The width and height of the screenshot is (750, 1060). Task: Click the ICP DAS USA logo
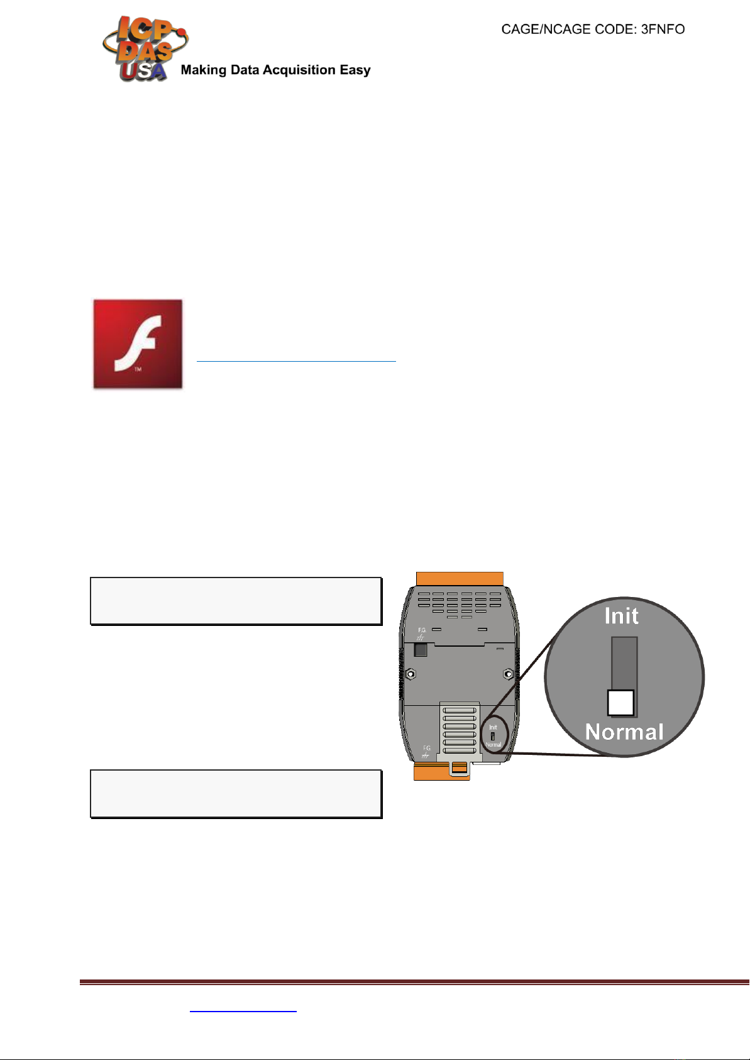[x=143, y=49]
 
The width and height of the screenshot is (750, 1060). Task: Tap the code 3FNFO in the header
[x=663, y=30]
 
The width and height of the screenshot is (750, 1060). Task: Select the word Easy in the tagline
[x=355, y=70]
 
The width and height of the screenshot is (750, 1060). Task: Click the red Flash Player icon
[x=138, y=343]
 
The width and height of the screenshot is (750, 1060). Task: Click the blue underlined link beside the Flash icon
[x=296, y=360]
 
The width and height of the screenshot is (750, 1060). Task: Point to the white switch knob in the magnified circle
[x=620, y=703]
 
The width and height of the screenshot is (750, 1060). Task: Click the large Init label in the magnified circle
[x=621, y=616]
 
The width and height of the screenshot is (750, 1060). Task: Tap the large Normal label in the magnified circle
[x=624, y=732]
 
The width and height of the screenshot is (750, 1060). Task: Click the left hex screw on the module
[x=411, y=674]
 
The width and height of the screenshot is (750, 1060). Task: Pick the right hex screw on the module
[x=509, y=674]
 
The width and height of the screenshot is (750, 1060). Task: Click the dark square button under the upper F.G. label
[x=421, y=650]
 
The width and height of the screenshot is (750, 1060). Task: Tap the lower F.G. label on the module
[x=426, y=749]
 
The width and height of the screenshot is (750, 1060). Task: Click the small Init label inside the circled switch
[x=493, y=727]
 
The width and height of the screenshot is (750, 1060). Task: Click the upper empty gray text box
[x=236, y=601]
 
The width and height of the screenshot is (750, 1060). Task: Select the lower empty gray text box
[x=236, y=793]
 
